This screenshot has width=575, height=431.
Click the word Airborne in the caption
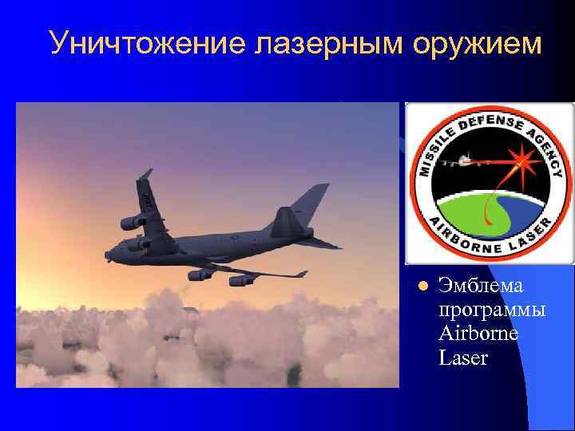click(x=478, y=333)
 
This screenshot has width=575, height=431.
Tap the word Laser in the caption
click(x=463, y=357)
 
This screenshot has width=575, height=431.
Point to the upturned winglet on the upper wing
click(x=145, y=175)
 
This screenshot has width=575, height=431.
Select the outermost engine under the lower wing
click(x=240, y=280)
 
